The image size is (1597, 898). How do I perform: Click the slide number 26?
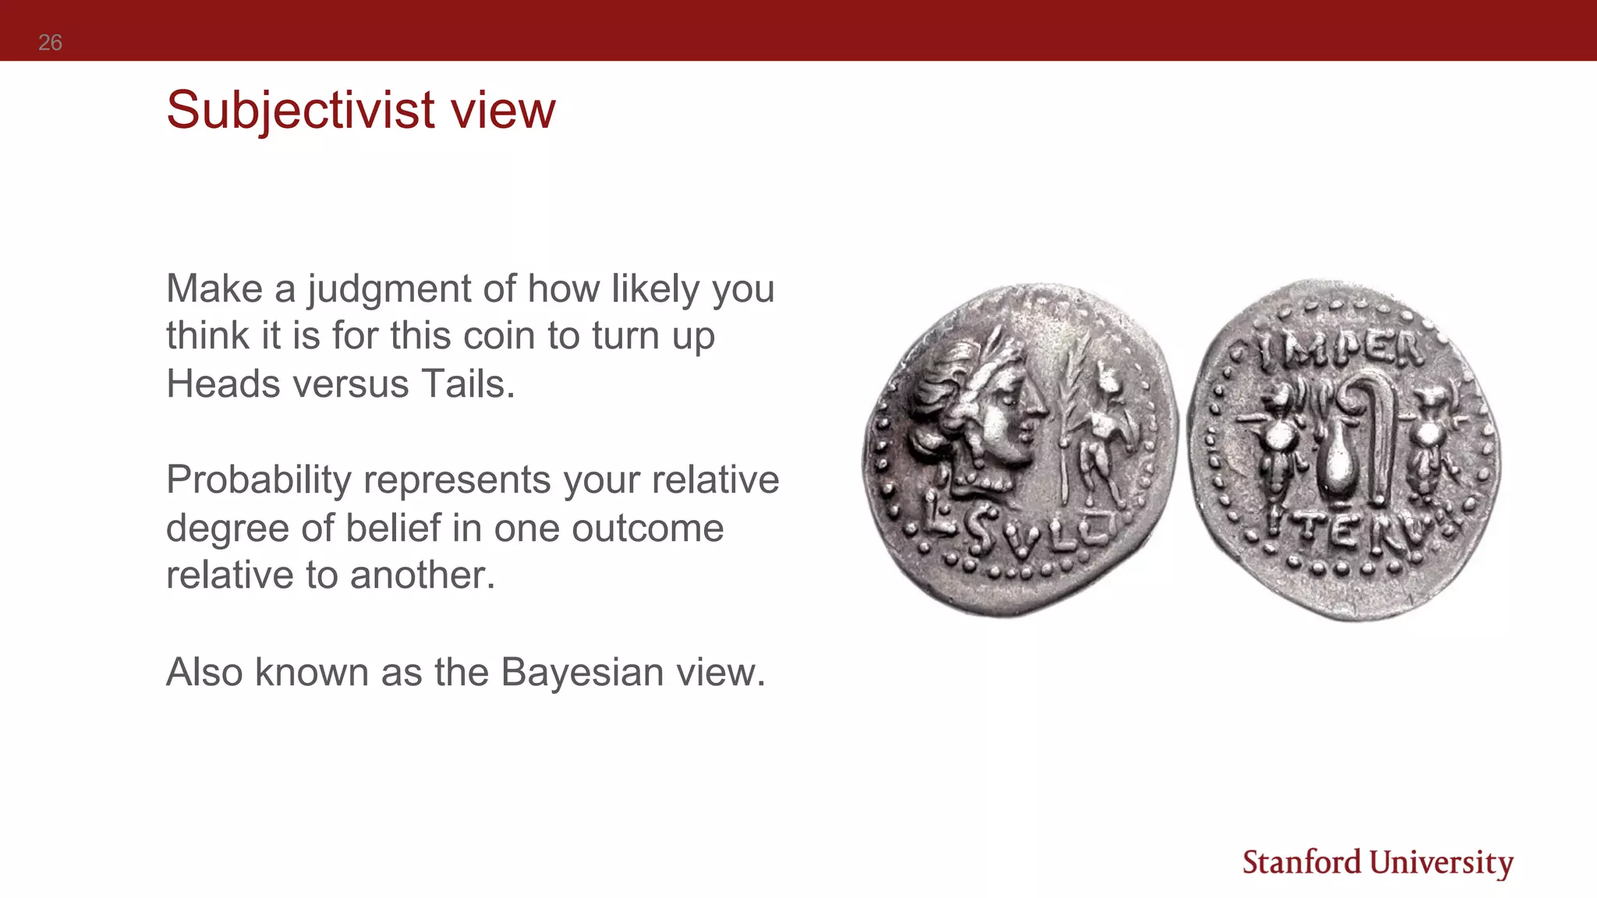(x=50, y=42)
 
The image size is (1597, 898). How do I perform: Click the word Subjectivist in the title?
(x=300, y=110)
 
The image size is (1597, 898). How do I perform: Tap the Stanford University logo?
(x=1377, y=863)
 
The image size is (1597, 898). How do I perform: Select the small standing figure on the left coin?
(x=1101, y=437)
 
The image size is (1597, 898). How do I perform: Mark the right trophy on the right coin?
(x=1429, y=444)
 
